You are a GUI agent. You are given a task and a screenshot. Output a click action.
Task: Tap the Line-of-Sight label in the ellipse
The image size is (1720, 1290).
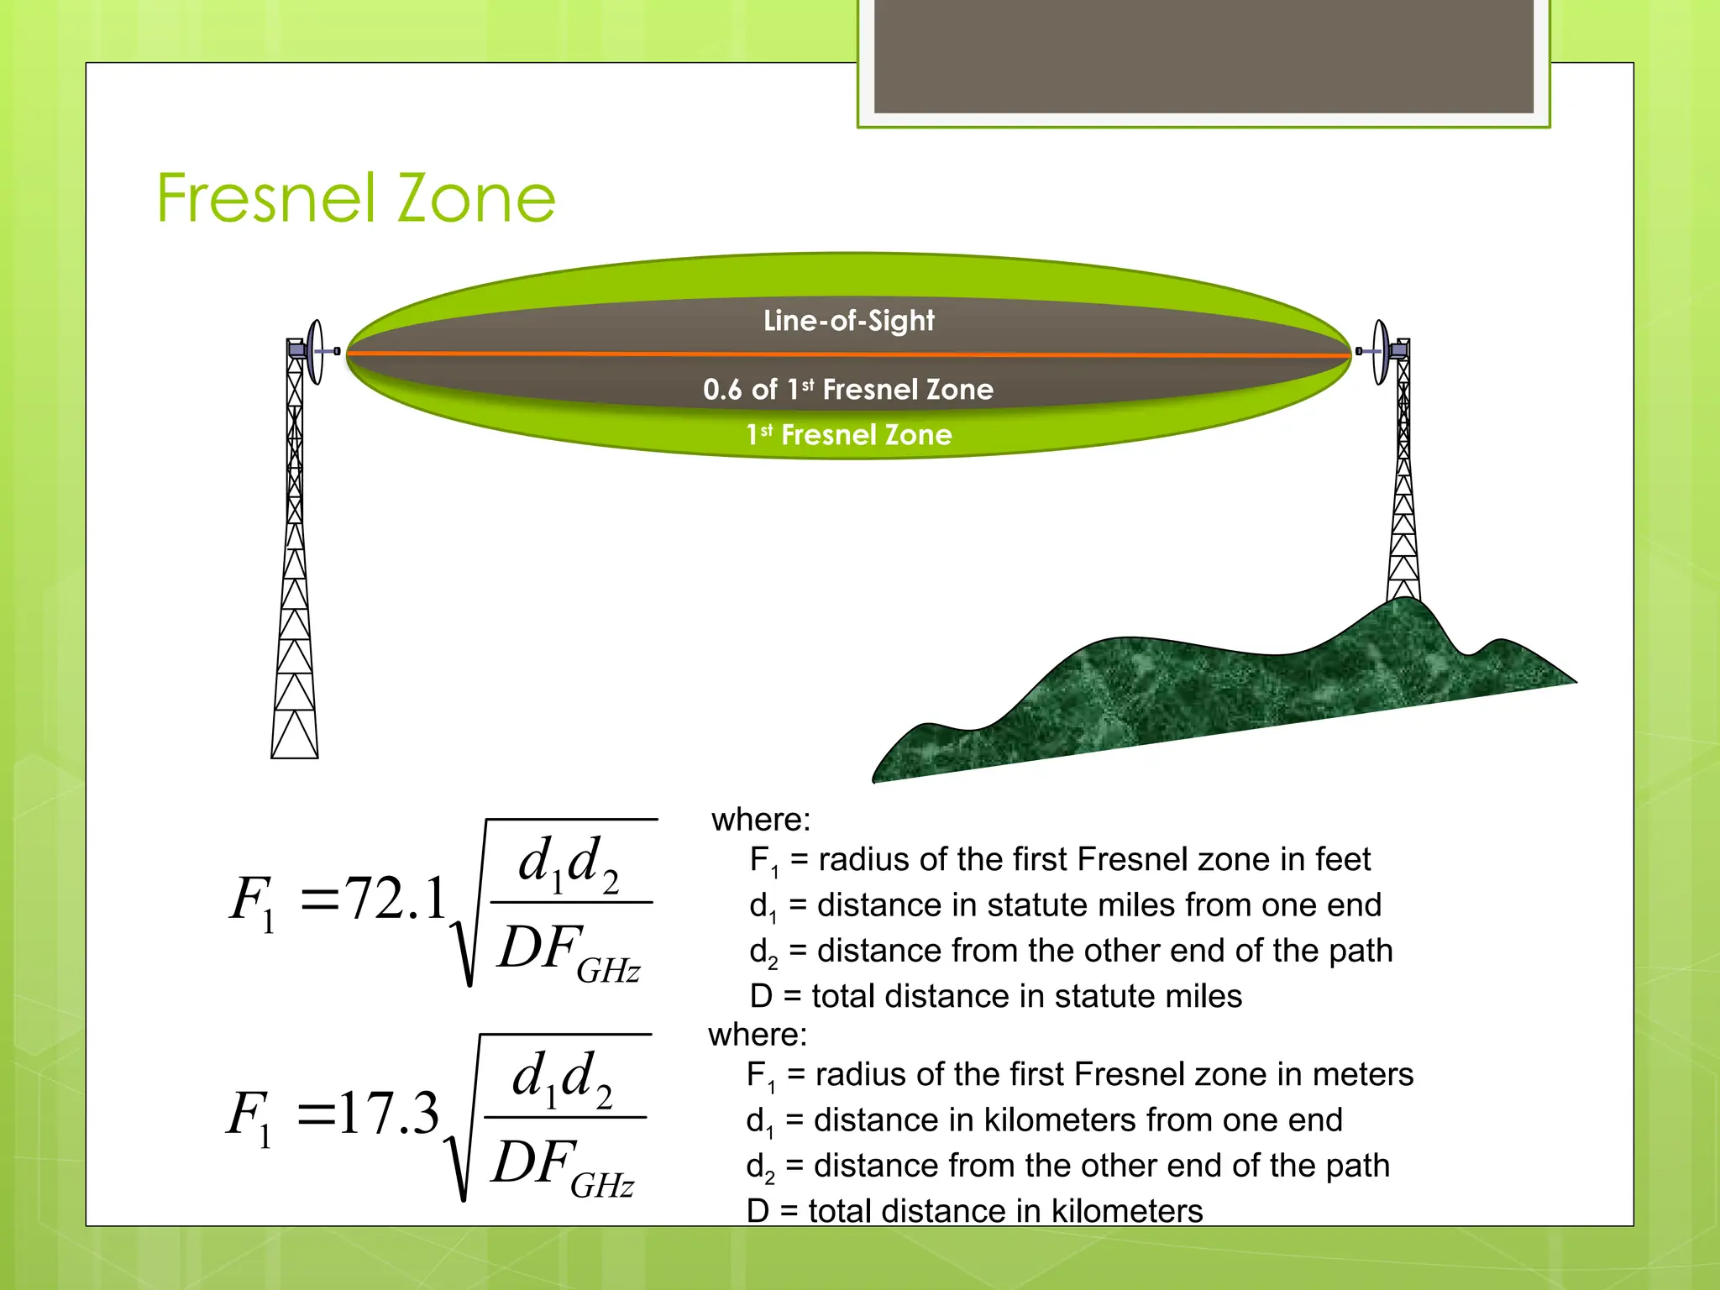[x=848, y=321]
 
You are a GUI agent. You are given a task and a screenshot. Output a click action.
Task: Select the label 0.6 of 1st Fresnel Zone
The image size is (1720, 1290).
[x=848, y=390]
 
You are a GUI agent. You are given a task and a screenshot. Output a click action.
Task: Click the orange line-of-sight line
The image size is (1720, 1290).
[x=588, y=354]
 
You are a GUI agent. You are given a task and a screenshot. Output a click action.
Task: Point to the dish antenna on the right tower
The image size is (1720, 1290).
[x=1381, y=352]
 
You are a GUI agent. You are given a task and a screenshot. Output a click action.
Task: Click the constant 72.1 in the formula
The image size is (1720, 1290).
[x=396, y=899]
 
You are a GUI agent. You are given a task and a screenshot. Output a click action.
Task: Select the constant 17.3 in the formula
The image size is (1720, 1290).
[x=389, y=1114]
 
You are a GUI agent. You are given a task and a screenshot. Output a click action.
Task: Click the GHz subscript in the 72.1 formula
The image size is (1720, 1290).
[x=608, y=972]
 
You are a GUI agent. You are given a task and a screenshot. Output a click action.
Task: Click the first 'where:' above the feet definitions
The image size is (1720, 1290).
[x=761, y=820]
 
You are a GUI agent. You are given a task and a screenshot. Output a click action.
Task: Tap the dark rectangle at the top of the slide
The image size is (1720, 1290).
[x=1203, y=55]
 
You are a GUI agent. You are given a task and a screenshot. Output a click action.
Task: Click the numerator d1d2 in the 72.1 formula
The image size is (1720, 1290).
[x=569, y=863]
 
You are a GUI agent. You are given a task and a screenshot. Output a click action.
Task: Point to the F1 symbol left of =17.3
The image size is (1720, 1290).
[x=250, y=1116]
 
